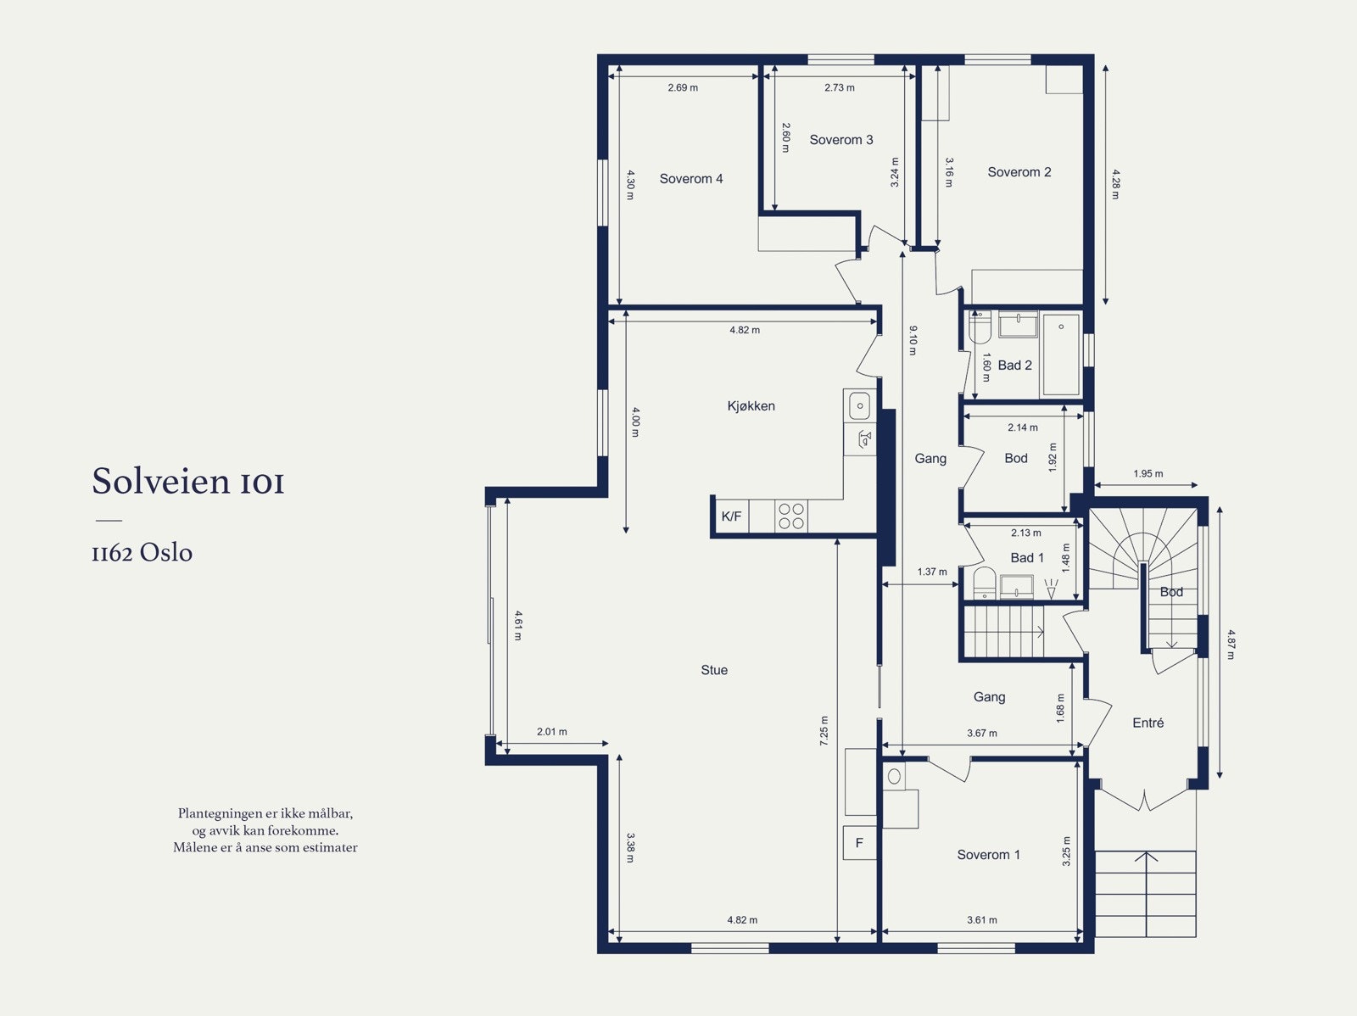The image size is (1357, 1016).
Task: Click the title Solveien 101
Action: tap(188, 481)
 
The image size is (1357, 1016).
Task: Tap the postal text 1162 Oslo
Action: tap(142, 552)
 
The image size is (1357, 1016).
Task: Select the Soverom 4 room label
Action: tap(691, 179)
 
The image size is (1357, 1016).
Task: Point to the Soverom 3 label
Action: tap(841, 140)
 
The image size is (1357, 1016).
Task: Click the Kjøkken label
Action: tap(751, 406)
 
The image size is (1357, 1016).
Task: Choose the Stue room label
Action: tap(714, 670)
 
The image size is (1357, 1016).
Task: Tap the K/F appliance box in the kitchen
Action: tap(731, 516)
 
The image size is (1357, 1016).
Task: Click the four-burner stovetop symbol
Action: tap(790, 516)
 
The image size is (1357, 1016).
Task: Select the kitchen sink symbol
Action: tap(859, 406)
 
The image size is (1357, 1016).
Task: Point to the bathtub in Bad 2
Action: tap(1062, 354)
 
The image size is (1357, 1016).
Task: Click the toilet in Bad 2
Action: tap(980, 327)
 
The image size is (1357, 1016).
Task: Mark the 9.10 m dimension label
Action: tap(913, 341)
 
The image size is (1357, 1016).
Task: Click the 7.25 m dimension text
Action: tap(824, 731)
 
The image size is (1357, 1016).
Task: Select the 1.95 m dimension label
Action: tap(1148, 474)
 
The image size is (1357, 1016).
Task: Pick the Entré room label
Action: tap(1148, 723)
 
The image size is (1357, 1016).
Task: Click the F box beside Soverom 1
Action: tap(859, 843)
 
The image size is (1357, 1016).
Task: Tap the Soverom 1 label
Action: tap(989, 855)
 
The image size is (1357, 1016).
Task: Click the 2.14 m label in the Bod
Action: tap(1023, 427)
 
